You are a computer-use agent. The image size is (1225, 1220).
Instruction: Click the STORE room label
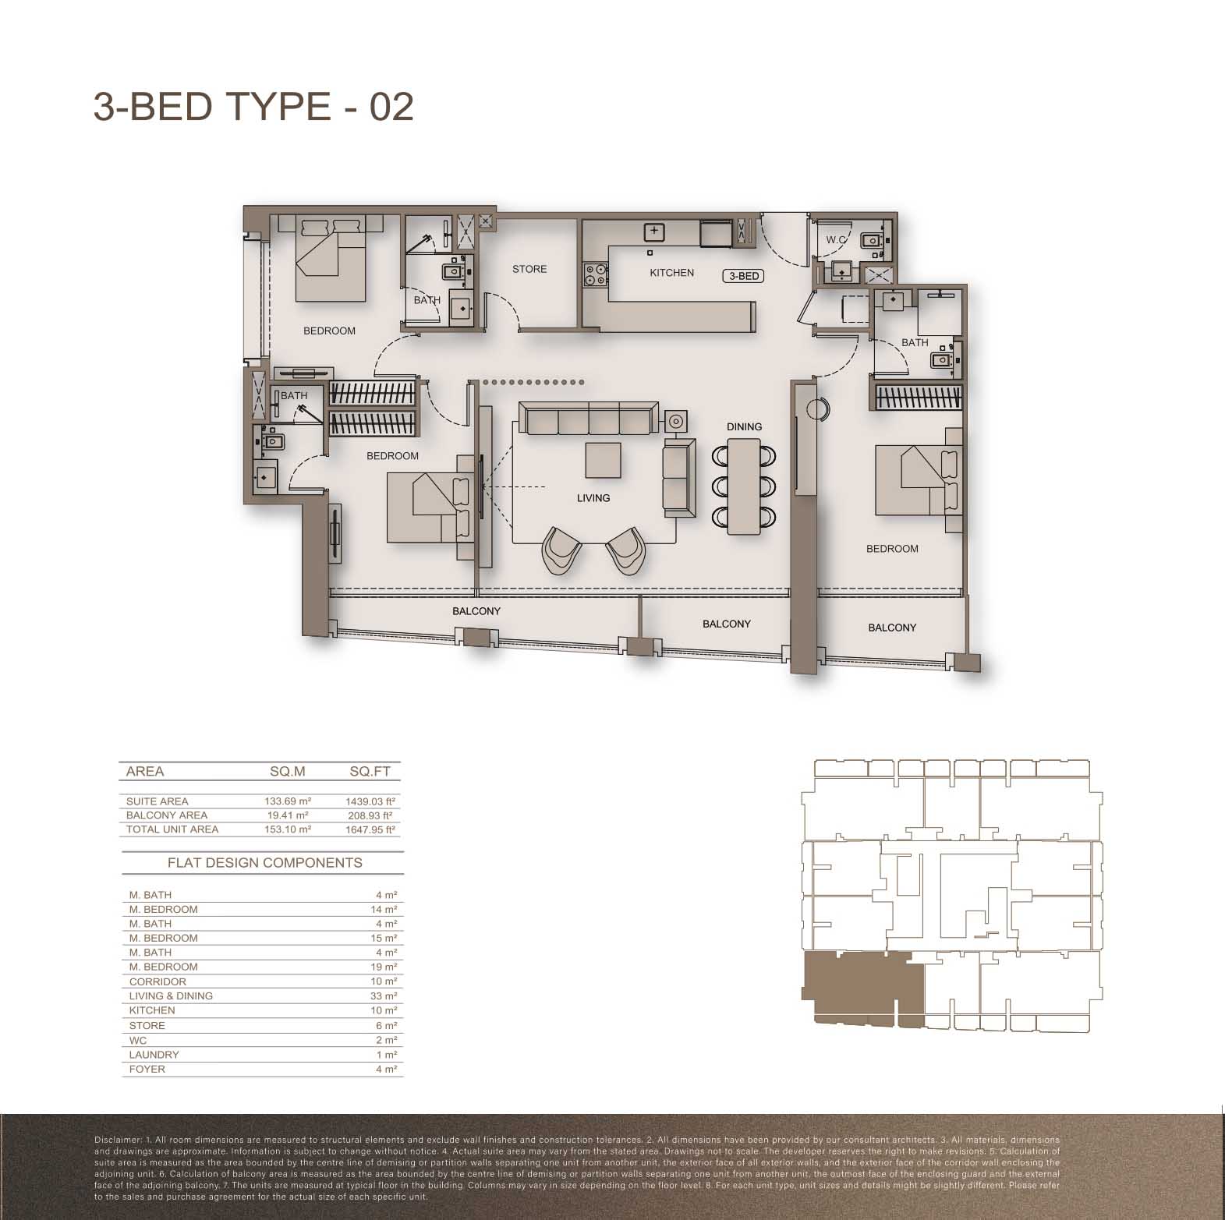point(529,269)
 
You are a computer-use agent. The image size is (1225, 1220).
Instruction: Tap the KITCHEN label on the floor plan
point(671,273)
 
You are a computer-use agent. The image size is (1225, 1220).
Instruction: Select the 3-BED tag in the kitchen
point(744,276)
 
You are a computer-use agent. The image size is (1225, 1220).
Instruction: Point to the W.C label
point(836,240)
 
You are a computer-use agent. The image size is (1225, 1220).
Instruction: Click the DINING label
point(744,426)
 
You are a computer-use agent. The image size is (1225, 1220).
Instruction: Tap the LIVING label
point(593,497)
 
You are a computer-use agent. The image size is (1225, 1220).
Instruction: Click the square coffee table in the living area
point(604,460)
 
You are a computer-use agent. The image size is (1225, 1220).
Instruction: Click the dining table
point(744,486)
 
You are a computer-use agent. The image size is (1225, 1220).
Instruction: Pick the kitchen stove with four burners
point(597,275)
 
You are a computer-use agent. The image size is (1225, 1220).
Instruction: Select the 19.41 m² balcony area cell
point(287,815)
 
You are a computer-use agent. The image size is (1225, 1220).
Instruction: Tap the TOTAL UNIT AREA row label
point(172,829)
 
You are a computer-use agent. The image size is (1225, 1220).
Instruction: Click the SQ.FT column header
point(370,772)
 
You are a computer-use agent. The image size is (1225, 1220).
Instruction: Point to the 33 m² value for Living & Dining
point(384,995)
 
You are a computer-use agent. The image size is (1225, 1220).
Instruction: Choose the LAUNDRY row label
point(154,1055)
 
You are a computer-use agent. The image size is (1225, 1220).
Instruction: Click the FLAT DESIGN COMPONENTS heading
point(265,863)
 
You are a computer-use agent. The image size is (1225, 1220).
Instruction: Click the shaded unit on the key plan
point(862,988)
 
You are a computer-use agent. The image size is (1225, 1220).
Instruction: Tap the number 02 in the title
point(391,106)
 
